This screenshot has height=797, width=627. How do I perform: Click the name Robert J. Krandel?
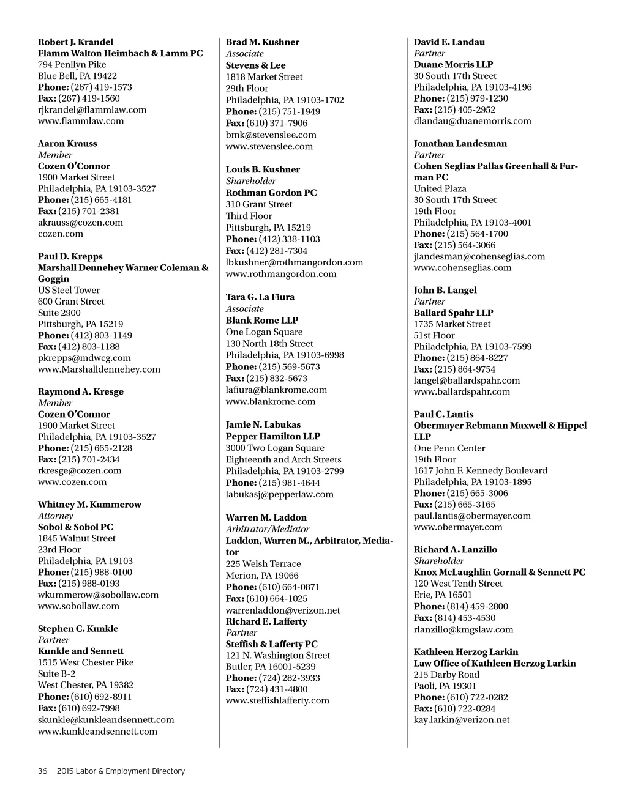[75, 42]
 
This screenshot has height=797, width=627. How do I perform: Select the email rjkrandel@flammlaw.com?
[92, 110]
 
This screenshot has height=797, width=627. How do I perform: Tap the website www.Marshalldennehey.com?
[99, 369]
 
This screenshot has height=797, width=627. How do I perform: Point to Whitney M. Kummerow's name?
[89, 505]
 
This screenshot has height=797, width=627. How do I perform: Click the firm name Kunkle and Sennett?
[81, 651]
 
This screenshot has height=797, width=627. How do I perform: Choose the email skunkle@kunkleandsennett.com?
[106, 720]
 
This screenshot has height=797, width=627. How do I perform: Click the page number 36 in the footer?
[43, 771]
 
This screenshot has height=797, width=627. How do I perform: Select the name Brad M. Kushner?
[263, 42]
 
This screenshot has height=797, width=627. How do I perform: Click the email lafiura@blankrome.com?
[276, 390]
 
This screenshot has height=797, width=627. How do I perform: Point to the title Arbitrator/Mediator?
[268, 529]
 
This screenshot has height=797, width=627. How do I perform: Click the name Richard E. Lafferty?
[266, 621]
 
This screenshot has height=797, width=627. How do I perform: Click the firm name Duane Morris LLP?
[453, 65]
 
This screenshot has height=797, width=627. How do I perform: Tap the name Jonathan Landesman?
[460, 144]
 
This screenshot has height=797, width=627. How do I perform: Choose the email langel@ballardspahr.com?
[467, 380]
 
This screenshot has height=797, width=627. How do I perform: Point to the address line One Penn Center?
[449, 448]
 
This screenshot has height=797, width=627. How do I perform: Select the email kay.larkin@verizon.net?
[462, 720]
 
